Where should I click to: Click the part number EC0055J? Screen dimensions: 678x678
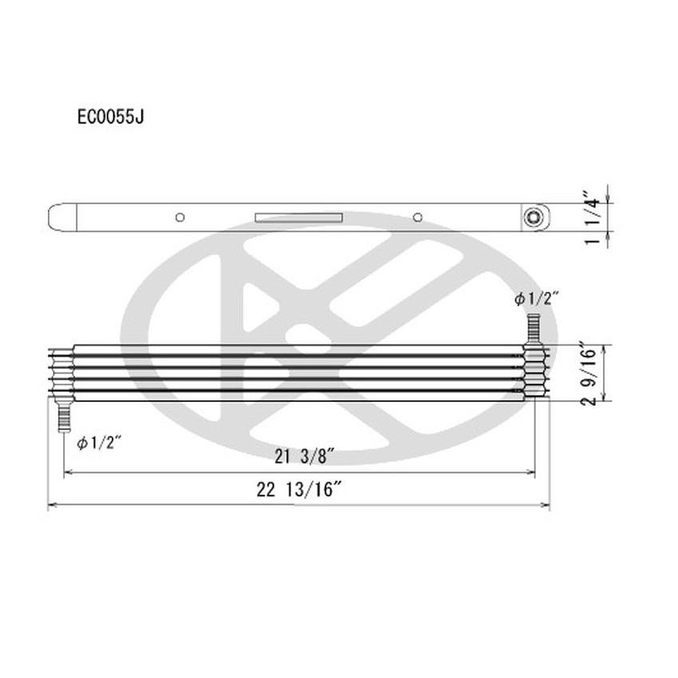(110, 116)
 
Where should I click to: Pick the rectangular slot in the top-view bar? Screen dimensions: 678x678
(298, 217)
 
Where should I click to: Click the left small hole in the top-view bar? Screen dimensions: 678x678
(181, 217)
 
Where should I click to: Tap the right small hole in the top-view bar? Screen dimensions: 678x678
(417, 217)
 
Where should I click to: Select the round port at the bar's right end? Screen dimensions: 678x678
(532, 217)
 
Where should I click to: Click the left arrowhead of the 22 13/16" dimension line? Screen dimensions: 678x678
(53, 505)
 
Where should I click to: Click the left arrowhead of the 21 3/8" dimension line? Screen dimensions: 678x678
(67, 473)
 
